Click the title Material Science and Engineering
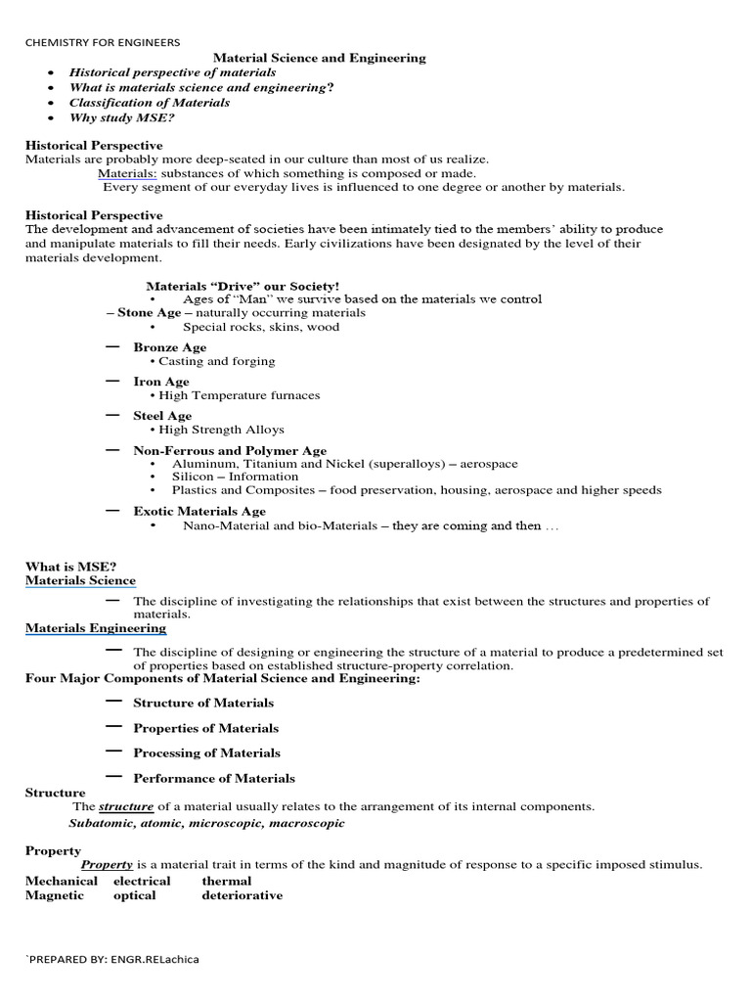point(319,58)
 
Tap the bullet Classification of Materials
point(149,103)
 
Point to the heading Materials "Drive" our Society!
point(243,286)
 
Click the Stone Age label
point(149,313)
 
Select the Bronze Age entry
point(169,347)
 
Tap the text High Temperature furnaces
point(239,395)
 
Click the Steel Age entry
point(162,416)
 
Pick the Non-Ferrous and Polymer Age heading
point(230,451)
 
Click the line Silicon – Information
point(235,477)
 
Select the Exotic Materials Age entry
point(199,511)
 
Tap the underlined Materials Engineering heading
point(95,628)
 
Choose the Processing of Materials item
point(206,752)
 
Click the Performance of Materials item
point(213,778)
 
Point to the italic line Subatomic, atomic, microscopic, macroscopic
point(206,823)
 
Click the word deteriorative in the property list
point(242,895)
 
